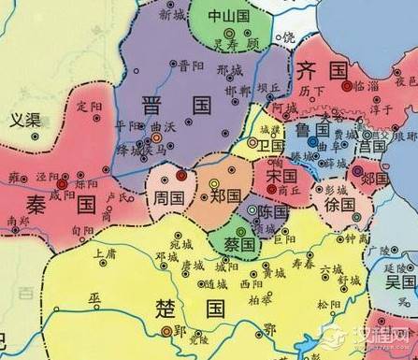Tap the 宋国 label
[x=280, y=176]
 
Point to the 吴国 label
[x=399, y=281]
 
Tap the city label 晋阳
[x=190, y=65]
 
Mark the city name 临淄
[x=372, y=85]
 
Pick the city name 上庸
[x=107, y=252]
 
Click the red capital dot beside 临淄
[x=351, y=85]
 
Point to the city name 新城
[x=172, y=16]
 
